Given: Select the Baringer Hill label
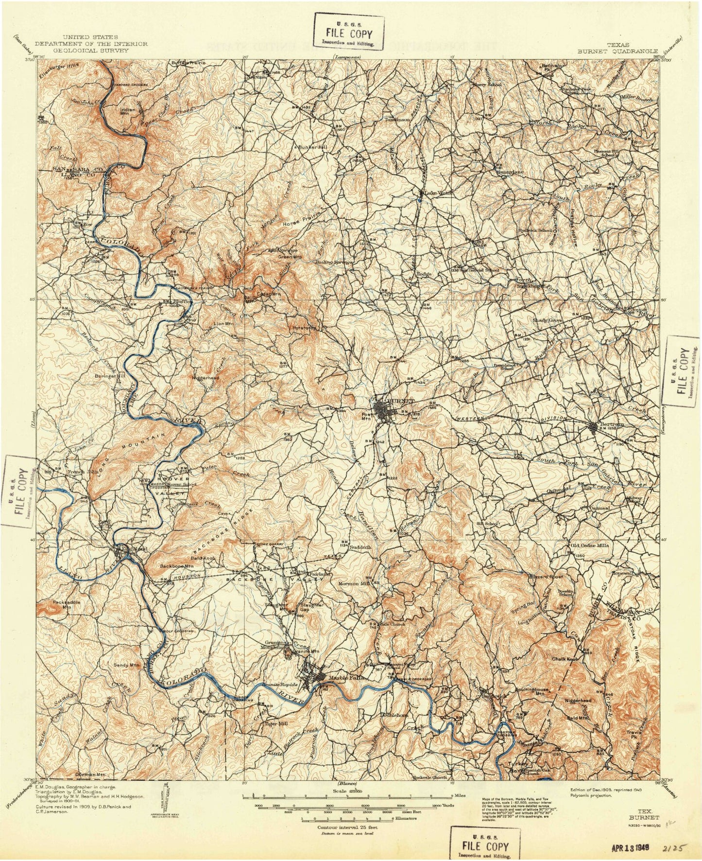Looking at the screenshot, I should pyautogui.click(x=110, y=376).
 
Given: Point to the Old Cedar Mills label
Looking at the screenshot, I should pyautogui.click(x=589, y=545).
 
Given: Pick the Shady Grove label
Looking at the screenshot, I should pyautogui.click(x=549, y=320).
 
